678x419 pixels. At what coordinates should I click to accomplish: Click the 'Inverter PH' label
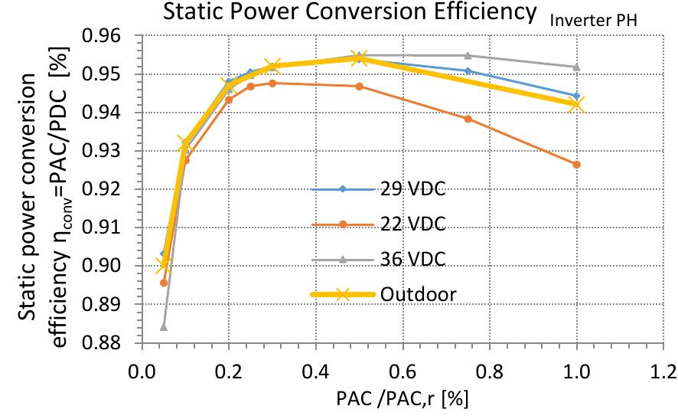coord(593,21)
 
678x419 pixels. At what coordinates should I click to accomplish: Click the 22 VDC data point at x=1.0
coord(576,164)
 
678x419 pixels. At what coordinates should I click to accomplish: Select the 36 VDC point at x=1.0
coord(576,67)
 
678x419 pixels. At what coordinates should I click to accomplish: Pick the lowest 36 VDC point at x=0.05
coord(164,327)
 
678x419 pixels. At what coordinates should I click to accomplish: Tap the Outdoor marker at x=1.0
coord(576,105)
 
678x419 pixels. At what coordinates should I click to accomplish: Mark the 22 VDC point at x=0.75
coord(468,119)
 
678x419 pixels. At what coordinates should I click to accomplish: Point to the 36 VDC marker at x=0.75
coord(468,55)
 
